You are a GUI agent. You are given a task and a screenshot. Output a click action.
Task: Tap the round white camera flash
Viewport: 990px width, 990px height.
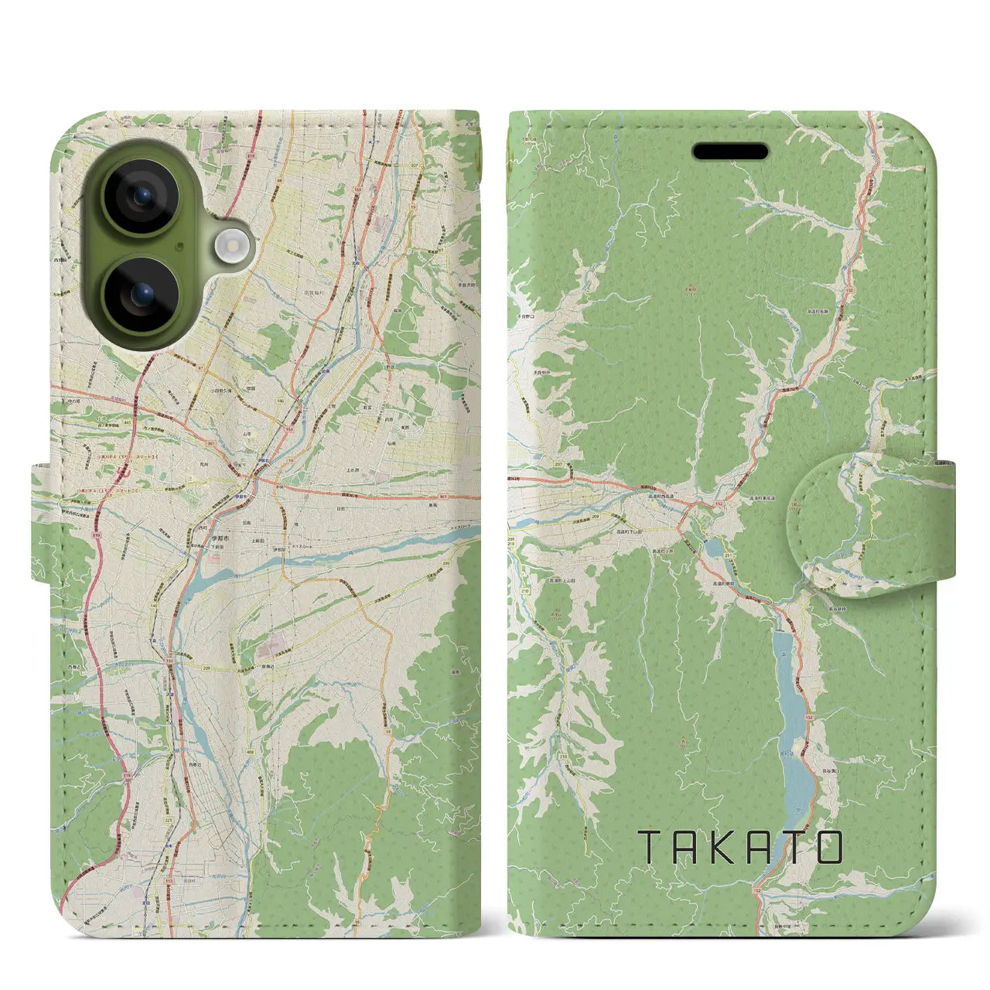coord(229,246)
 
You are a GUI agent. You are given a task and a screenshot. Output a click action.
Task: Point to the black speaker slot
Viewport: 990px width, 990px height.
coord(730,152)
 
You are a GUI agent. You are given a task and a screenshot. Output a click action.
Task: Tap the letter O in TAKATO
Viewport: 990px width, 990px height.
coord(828,848)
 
